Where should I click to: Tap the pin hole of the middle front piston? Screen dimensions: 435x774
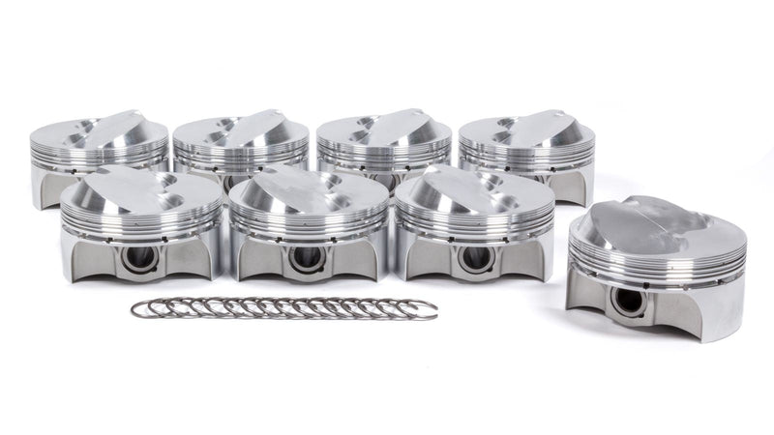tap(307, 258)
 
